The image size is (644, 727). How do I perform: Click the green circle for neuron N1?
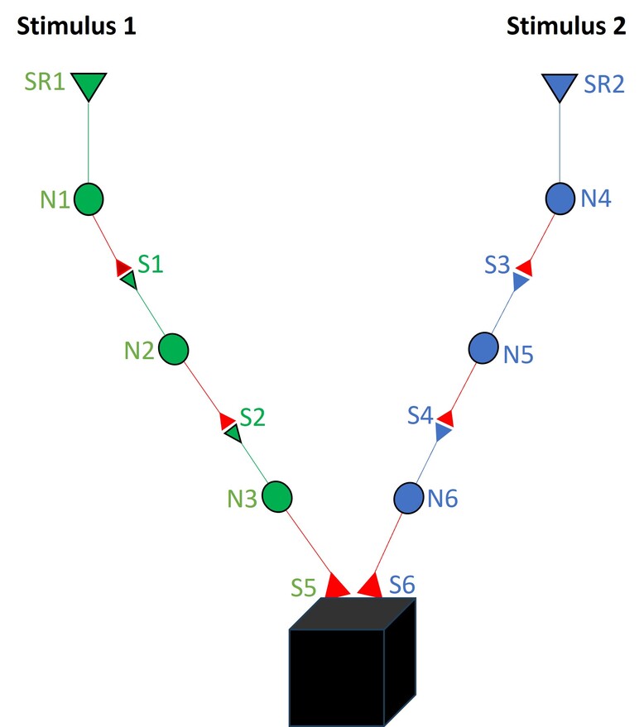tap(89, 199)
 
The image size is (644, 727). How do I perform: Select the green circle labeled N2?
tap(174, 349)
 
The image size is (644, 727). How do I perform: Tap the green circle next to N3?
tap(277, 496)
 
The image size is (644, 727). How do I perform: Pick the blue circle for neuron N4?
tap(560, 198)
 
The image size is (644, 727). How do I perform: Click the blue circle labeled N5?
tap(483, 348)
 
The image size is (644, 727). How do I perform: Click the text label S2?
tap(252, 417)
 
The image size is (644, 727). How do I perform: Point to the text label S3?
tap(498, 265)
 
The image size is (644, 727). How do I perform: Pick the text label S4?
tap(422, 415)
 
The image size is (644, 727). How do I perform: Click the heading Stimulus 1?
tap(76, 26)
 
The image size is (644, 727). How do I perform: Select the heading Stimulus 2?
tap(566, 26)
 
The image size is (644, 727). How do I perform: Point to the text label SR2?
tap(604, 86)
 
